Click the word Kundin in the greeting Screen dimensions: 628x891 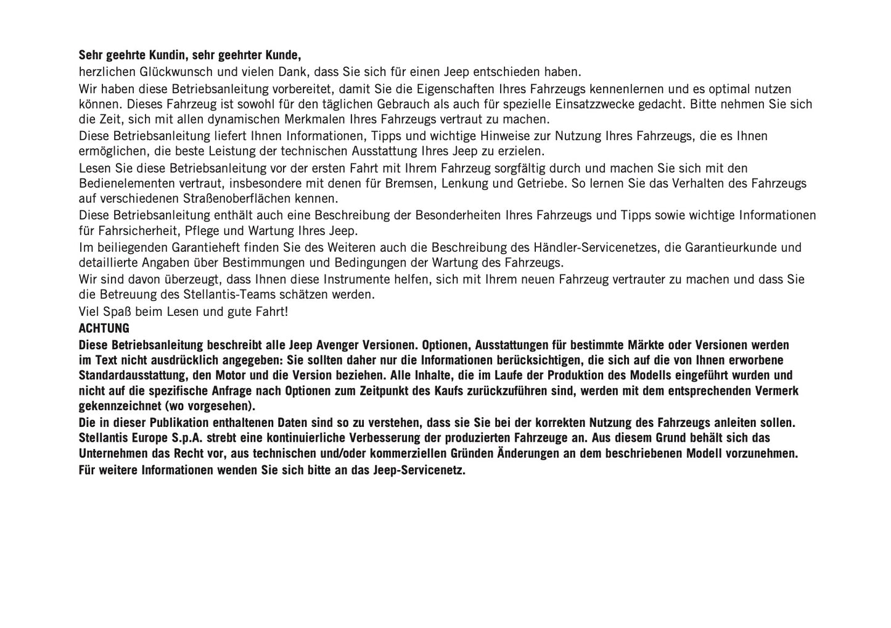pyautogui.click(x=166, y=56)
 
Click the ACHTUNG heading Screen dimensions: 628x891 pyautogui.click(x=104, y=328)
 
